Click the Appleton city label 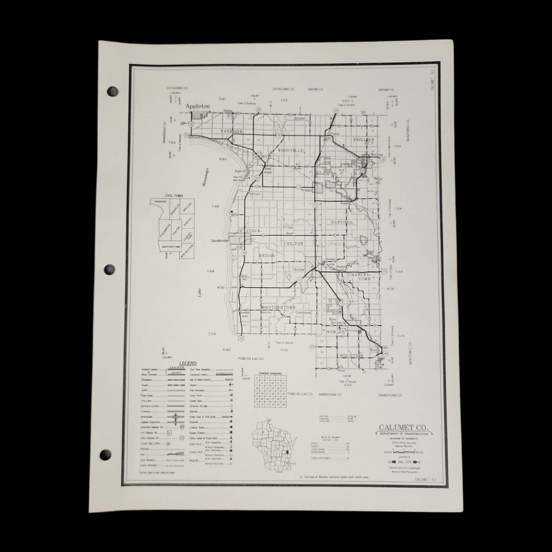tap(198, 106)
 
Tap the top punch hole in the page tap(112, 92)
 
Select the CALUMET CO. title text tap(403, 427)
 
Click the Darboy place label tap(227, 110)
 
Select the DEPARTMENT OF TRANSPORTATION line tap(404, 434)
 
